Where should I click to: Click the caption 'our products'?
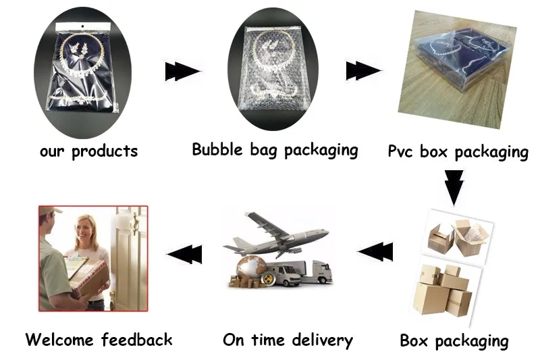click(88, 150)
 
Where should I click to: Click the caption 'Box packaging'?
click(454, 340)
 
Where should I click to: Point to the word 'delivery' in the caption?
click(322, 340)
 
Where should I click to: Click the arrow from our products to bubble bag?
click(182, 71)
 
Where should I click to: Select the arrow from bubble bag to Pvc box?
click(362, 70)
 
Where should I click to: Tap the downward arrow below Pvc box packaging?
click(454, 186)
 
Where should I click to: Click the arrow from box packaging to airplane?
click(375, 252)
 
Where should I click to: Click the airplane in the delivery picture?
click(277, 234)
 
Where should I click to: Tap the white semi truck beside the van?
click(317, 272)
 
